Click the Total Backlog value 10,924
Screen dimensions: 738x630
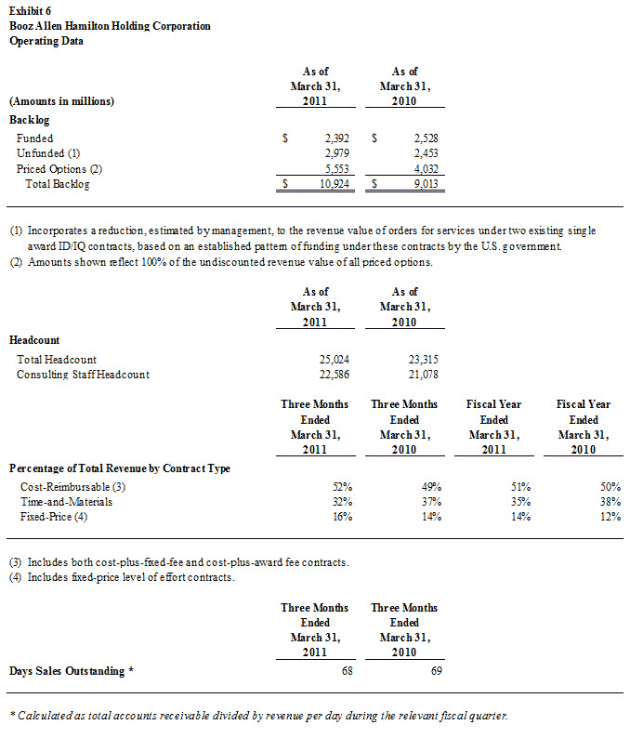tap(332, 184)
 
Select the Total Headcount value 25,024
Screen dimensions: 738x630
tap(335, 359)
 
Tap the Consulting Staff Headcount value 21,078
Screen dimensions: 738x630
tap(423, 374)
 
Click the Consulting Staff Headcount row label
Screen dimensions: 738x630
tap(83, 374)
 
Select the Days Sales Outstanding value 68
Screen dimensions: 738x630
tap(346, 670)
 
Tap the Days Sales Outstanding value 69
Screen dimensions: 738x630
tap(434, 670)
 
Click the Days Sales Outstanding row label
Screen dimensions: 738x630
tap(72, 670)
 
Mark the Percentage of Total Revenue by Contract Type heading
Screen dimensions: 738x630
tap(119, 468)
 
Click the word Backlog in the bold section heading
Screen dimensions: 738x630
tap(29, 120)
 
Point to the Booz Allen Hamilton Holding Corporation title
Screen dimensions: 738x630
tap(110, 26)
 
